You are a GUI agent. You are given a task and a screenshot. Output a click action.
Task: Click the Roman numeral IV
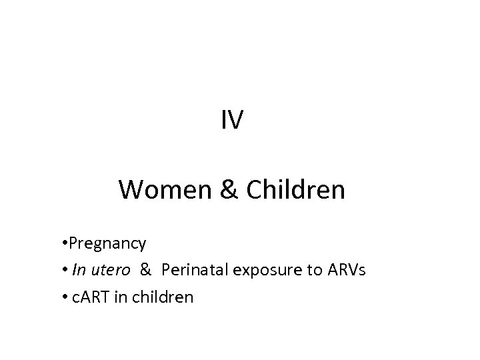233,120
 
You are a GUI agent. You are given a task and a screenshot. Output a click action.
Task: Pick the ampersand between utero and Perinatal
146,270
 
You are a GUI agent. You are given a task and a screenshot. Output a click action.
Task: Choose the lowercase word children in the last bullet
161,297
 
